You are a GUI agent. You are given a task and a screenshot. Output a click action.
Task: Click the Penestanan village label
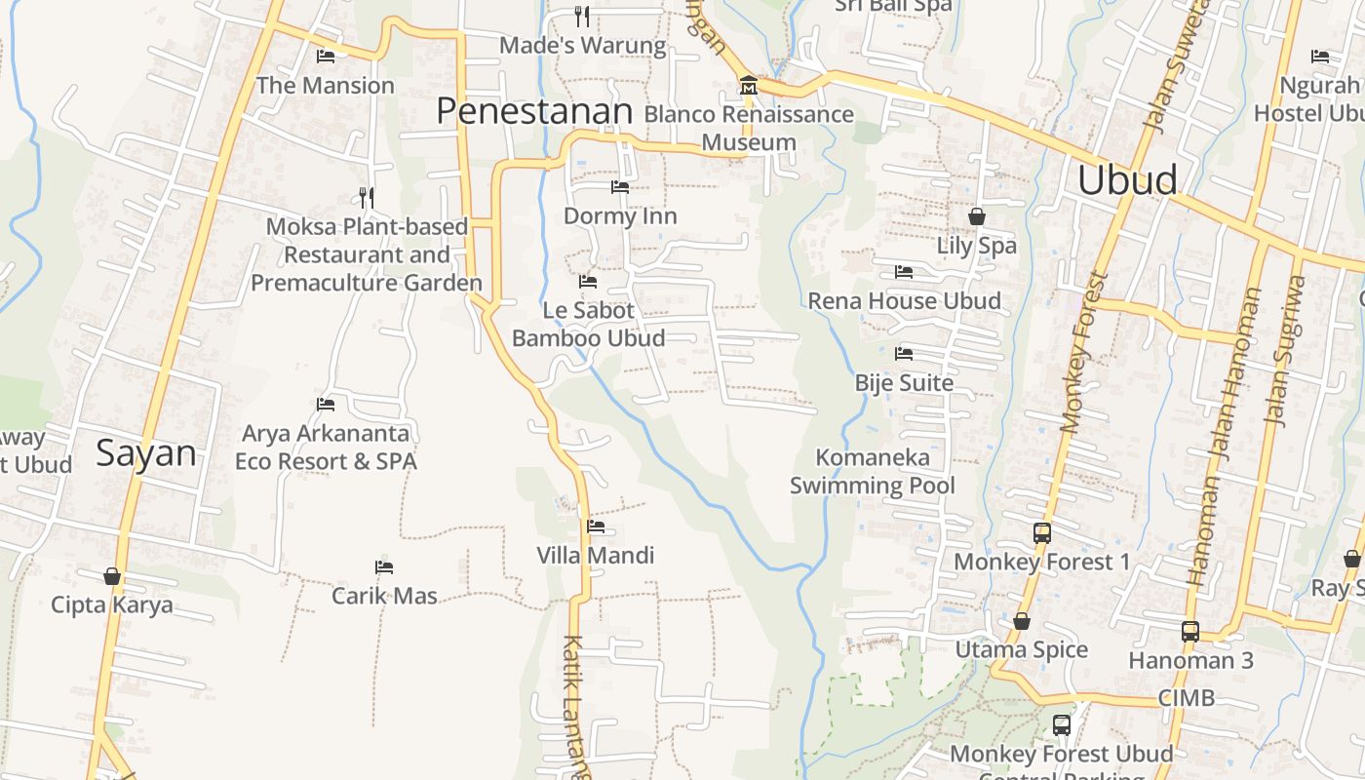click(534, 111)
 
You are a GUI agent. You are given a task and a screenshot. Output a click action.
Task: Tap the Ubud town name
click(1127, 180)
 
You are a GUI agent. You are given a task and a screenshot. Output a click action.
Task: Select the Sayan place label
click(146, 453)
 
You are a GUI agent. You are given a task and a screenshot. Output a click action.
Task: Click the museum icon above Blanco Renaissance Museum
click(749, 85)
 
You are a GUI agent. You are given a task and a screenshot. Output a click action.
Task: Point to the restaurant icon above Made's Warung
click(582, 16)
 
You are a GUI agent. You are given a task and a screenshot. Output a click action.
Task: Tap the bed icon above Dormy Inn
click(620, 186)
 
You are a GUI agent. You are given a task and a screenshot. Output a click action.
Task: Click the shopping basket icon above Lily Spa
click(976, 216)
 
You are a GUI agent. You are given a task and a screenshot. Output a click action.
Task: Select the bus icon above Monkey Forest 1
click(1042, 533)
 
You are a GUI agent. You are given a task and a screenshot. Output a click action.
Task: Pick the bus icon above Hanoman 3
click(1190, 631)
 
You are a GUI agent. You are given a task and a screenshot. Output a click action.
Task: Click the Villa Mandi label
click(596, 556)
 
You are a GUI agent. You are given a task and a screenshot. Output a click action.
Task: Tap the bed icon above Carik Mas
click(384, 566)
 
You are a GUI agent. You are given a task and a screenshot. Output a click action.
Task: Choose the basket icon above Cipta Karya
click(112, 576)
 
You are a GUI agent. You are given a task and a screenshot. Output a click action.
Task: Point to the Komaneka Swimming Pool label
click(872, 471)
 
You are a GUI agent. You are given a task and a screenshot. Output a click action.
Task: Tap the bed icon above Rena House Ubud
click(904, 272)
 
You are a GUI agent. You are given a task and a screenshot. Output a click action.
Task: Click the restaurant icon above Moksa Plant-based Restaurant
click(367, 198)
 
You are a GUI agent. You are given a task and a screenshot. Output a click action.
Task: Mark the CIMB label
click(1187, 698)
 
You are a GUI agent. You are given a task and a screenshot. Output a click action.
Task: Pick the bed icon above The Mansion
click(326, 57)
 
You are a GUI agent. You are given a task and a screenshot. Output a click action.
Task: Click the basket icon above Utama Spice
click(1021, 621)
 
